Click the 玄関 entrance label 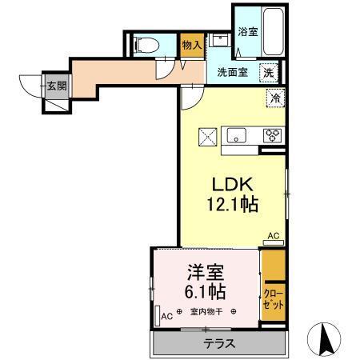[x=54, y=86]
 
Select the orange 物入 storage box [x=190, y=46]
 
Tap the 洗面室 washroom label [x=233, y=71]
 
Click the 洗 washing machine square [x=271, y=71]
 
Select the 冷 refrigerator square [x=274, y=99]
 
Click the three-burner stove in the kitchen [x=273, y=135]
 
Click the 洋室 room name [x=204, y=271]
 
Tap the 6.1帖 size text [x=204, y=291]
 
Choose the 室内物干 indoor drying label [x=206, y=313]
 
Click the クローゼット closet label [x=272, y=301]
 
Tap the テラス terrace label [x=218, y=345]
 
